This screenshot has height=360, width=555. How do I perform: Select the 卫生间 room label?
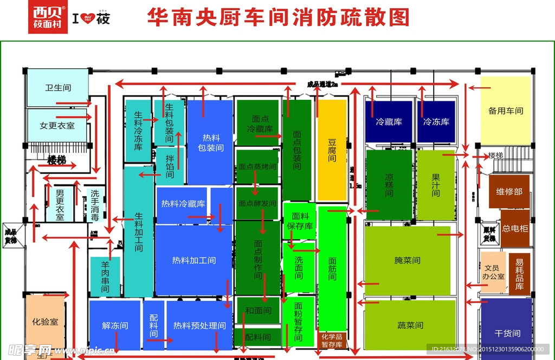tap(58, 87)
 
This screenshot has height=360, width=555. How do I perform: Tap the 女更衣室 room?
tap(57, 125)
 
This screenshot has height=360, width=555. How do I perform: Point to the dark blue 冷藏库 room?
tap(389, 122)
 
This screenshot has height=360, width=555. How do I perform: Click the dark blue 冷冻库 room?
tap(436, 122)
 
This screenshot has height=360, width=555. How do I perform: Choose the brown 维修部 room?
tap(509, 191)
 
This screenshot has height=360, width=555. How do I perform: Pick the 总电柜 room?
tap(514, 228)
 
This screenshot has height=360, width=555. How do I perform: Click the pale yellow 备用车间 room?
tap(505, 111)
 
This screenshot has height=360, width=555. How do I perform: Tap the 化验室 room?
tap(45, 322)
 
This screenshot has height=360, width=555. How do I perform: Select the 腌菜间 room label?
tap(407, 260)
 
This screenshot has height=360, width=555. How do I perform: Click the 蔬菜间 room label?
tap(409, 325)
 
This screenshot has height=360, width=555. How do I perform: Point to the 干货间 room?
tap(507, 333)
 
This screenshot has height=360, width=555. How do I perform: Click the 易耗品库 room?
tap(519, 274)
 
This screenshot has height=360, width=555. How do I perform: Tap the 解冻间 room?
tap(115, 325)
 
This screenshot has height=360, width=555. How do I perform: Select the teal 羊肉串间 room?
tap(105, 277)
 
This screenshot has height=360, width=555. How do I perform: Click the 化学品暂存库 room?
tap(332, 340)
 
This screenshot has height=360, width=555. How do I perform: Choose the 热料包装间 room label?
tap(210, 142)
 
